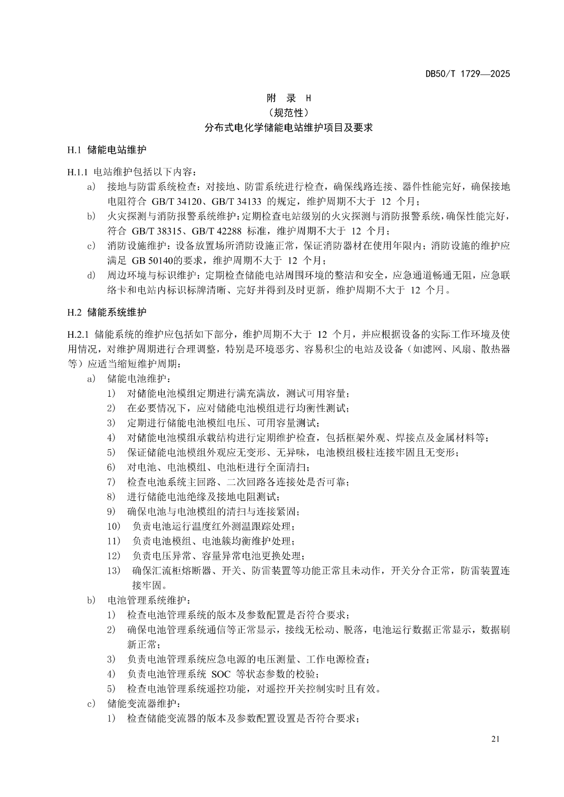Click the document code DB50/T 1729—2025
(x=468, y=74)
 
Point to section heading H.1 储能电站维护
(x=107, y=150)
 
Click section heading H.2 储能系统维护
(x=107, y=313)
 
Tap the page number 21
(x=495, y=739)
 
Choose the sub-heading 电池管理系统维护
(x=148, y=600)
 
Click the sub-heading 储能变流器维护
(x=143, y=704)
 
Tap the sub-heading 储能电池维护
(x=138, y=379)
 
